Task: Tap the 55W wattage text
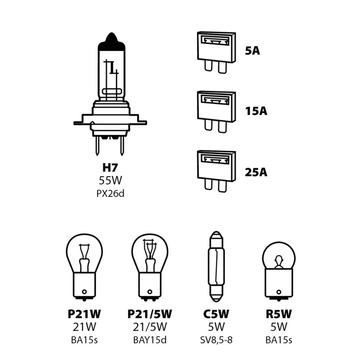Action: [x=110, y=180]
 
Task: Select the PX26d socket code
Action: [x=110, y=193]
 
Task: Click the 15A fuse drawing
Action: [x=216, y=111]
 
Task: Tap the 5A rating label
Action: [x=252, y=51]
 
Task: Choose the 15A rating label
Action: [x=256, y=111]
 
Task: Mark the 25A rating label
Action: [x=256, y=172]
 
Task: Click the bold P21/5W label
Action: [x=150, y=314]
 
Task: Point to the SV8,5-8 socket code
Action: [x=216, y=340]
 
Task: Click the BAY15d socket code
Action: [x=150, y=340]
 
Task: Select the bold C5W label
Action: [x=216, y=314]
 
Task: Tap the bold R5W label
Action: [x=279, y=314]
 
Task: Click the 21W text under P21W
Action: [x=84, y=327]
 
